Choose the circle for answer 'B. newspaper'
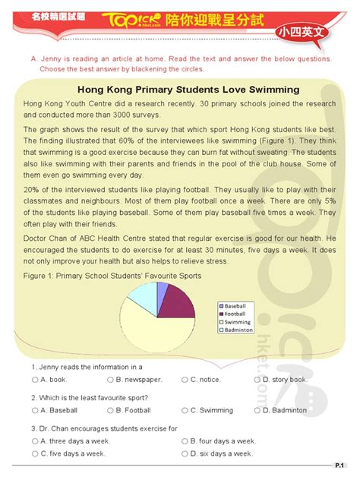pos(110,379)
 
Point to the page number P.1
pos(339,464)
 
